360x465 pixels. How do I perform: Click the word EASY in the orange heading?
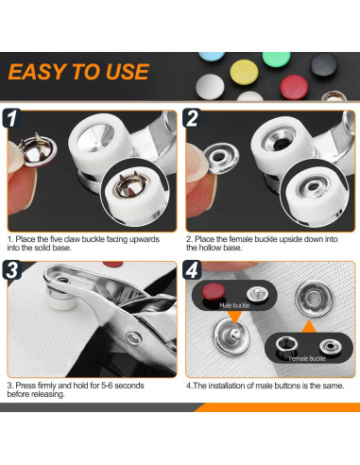pos(37,72)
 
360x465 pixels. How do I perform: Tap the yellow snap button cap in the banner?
pos(244,72)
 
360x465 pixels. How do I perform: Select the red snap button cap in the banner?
pos(294,87)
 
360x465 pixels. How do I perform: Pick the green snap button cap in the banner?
pos(276,59)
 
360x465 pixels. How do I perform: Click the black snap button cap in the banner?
pos(324,64)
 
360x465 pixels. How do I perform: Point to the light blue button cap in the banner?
pos(212,56)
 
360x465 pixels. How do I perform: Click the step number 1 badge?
pos(11,118)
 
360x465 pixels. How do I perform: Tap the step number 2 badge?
pos(192,118)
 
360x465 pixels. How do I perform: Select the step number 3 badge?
pos(11,270)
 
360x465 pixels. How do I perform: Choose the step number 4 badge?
pos(192,270)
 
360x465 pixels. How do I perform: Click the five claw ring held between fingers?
pos(38,150)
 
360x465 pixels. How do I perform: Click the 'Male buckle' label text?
pos(234,305)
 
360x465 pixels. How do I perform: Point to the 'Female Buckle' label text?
pos(307,358)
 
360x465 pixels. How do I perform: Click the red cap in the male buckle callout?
pos(214,290)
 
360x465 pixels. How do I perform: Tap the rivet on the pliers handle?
pos(134,337)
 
